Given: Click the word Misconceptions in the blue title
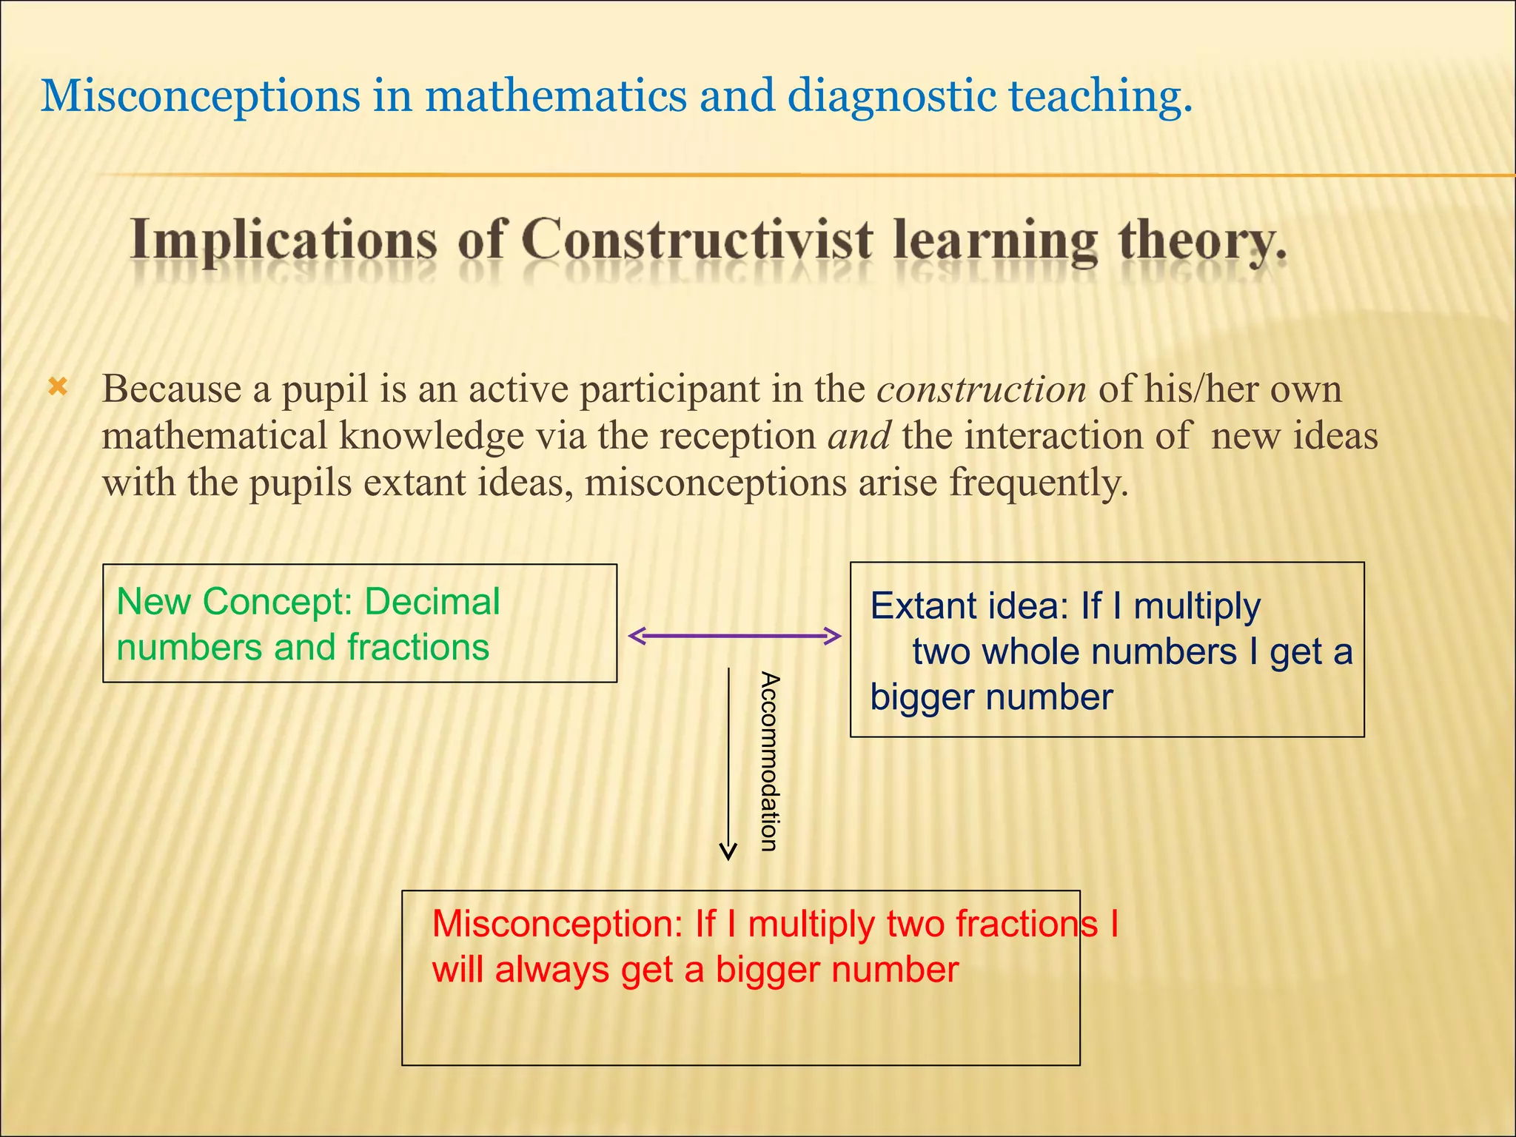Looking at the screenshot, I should coord(200,96).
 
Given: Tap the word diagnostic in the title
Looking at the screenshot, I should coord(891,96).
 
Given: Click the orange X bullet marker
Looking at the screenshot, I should coord(58,386).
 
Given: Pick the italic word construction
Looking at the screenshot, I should coord(982,389).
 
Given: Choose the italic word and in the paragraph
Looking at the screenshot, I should coord(859,436).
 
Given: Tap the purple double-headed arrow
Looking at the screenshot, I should coord(734,636).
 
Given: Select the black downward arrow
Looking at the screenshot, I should coord(728,762).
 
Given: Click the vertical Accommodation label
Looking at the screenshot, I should coord(770,762).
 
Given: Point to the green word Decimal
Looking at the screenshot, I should coord(432,601).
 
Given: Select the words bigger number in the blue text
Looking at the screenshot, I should coord(991,697).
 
